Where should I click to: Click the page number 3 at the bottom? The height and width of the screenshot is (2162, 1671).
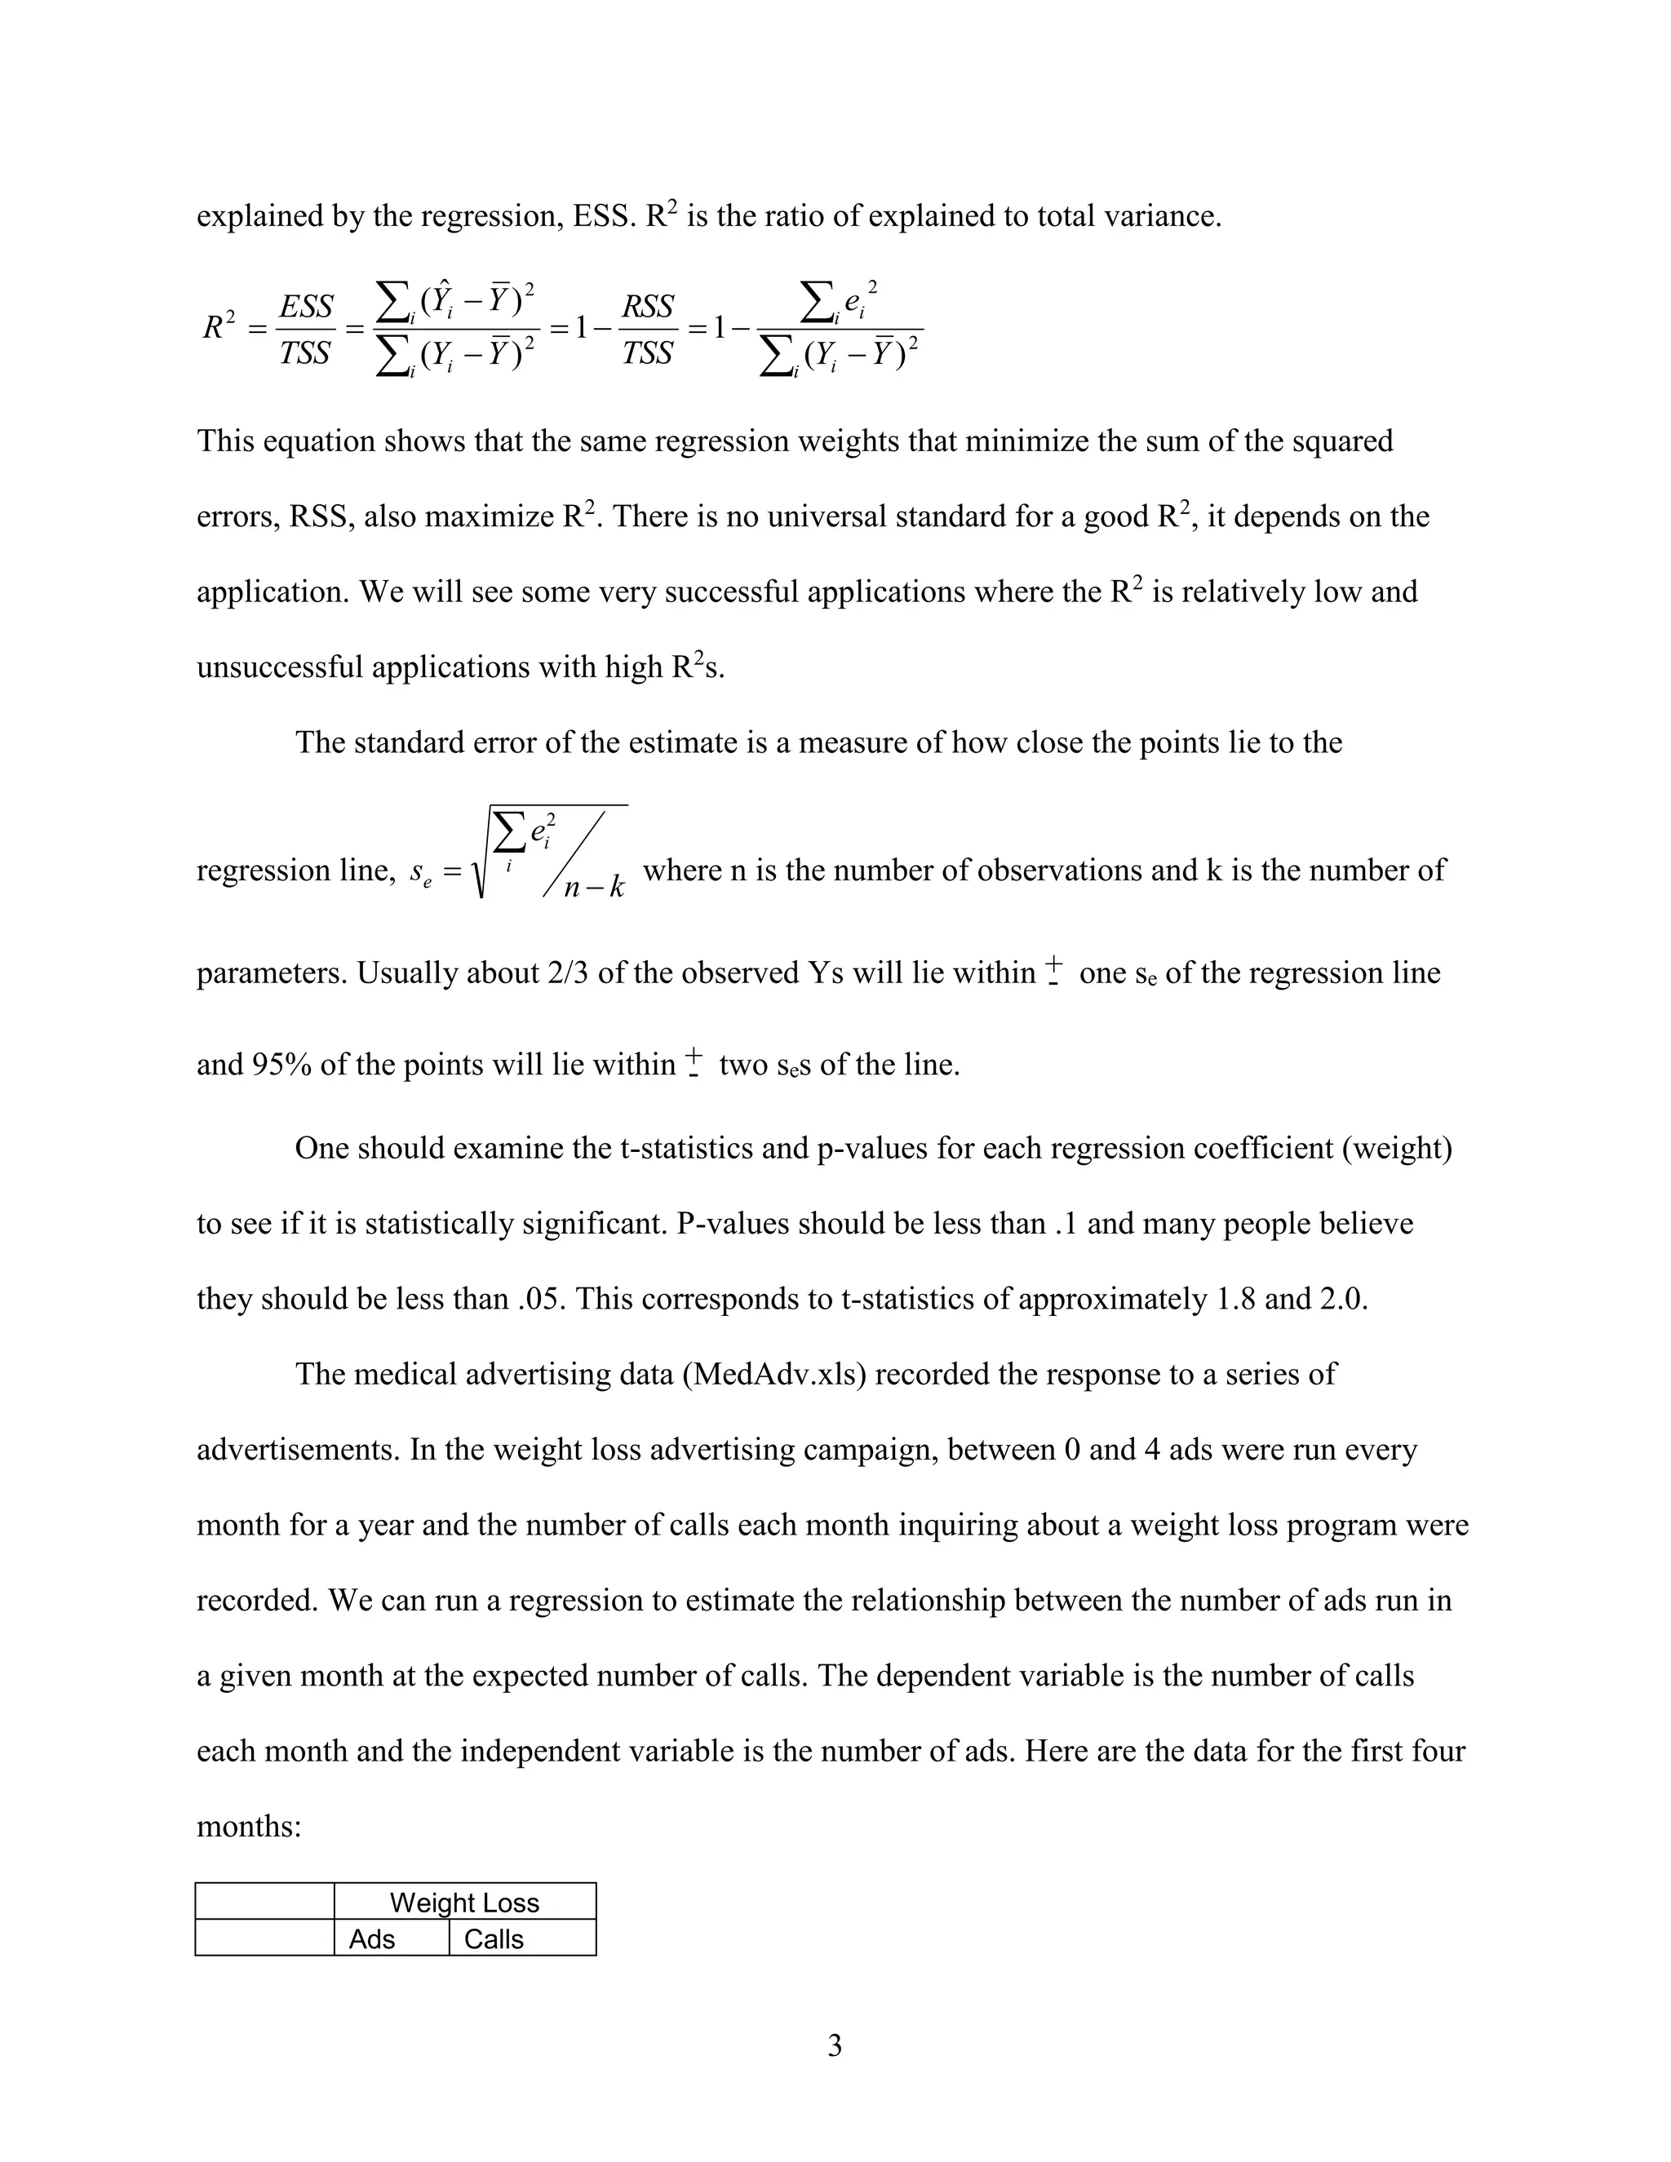coord(835,2045)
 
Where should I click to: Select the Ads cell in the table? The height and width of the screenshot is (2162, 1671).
coord(372,1938)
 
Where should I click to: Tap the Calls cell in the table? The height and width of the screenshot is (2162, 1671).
coord(493,1938)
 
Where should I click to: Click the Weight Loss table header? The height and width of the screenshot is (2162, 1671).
coord(464,1902)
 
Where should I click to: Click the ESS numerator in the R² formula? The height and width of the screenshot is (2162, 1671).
coord(306,307)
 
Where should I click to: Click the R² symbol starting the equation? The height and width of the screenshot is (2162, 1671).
coord(219,326)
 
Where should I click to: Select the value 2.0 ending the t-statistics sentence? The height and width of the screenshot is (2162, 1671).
coord(1343,1299)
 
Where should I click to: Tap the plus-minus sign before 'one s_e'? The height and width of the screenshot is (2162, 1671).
coord(1054,969)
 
